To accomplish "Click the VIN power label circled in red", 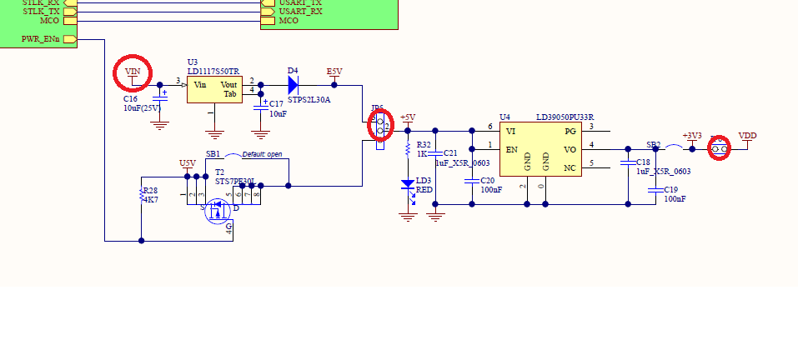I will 133,72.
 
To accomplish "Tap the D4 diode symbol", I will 293,84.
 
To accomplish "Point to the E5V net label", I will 334,72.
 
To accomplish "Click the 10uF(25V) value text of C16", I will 142,108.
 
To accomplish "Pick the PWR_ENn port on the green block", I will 40,39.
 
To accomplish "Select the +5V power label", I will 408,117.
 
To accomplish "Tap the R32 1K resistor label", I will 424,149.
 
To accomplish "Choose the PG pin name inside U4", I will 570,131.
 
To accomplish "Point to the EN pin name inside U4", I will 511,150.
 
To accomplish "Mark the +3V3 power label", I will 692,136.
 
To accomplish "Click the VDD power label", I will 748,136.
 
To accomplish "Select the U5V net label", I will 188,163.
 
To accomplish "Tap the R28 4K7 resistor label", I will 150,196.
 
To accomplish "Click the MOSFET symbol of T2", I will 219,210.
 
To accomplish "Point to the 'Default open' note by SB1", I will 262,155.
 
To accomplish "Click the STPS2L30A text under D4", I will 309,100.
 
